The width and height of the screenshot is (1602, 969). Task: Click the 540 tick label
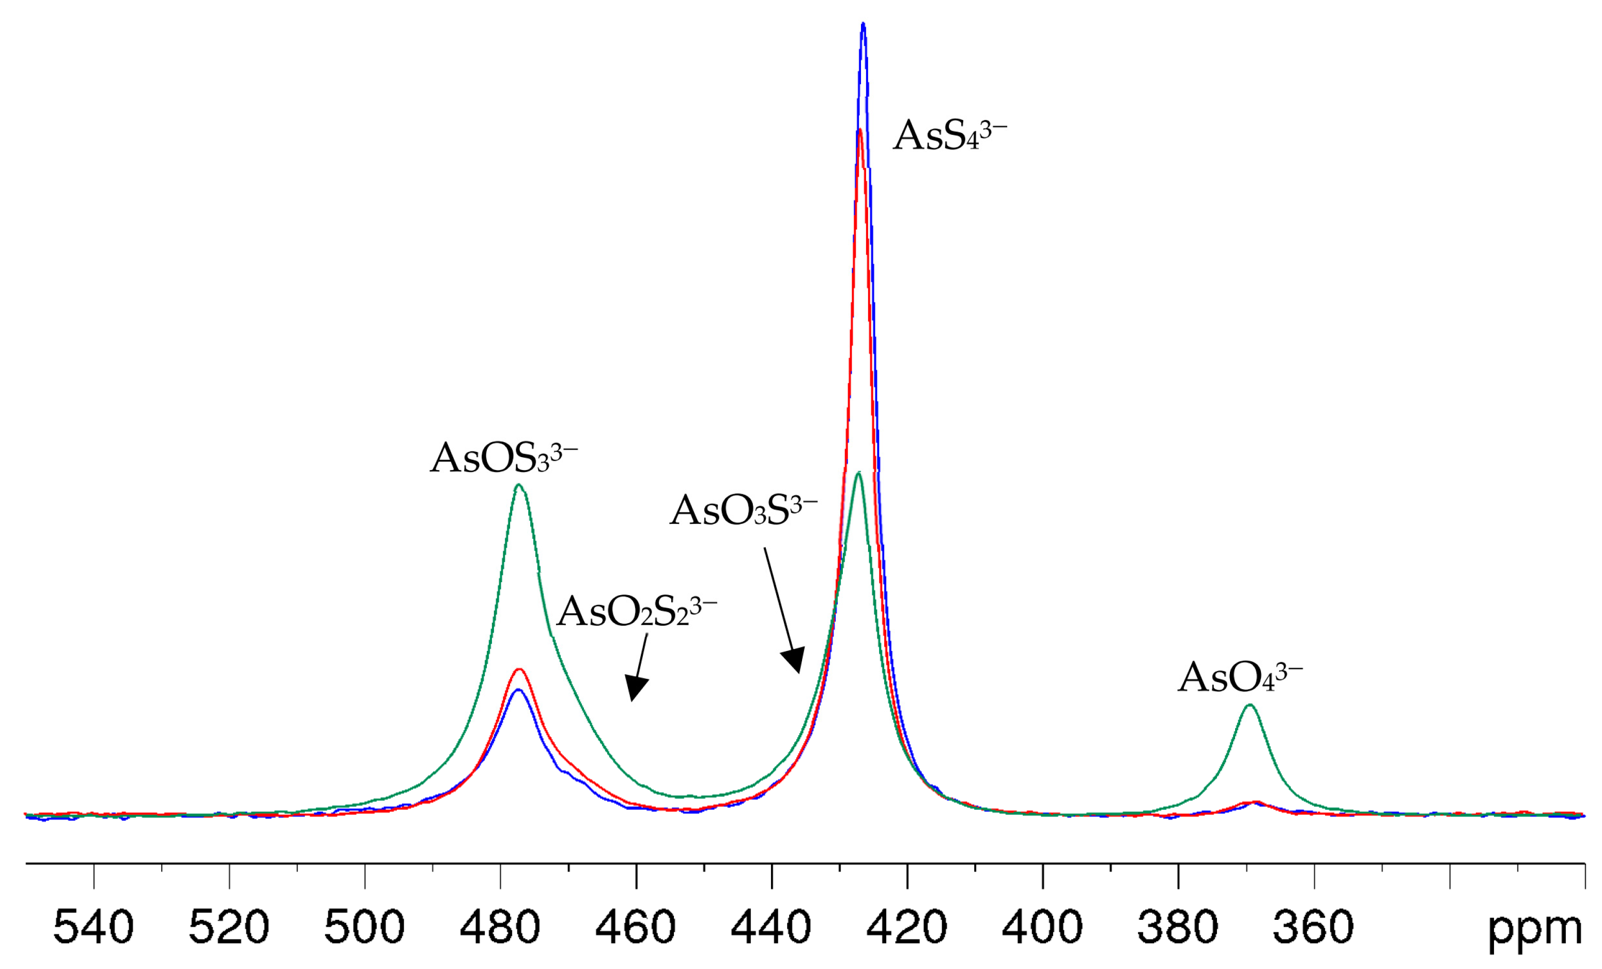(x=94, y=928)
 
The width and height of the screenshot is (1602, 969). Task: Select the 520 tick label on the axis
(x=229, y=928)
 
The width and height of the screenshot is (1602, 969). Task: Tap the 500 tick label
(x=365, y=928)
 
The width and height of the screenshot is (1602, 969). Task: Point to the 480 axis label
(x=500, y=928)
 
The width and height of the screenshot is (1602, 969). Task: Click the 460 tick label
(x=636, y=928)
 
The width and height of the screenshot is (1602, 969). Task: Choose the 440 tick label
(x=771, y=928)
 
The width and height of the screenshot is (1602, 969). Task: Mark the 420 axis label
(x=907, y=928)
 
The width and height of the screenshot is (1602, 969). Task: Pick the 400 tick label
(x=1042, y=928)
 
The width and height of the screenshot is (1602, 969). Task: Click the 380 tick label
(x=1178, y=928)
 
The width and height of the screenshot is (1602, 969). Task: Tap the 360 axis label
(x=1313, y=928)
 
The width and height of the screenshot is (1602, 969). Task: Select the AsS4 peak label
(x=949, y=136)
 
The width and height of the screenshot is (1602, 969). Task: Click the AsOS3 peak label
(x=503, y=459)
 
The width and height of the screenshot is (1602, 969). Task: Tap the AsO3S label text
(x=743, y=510)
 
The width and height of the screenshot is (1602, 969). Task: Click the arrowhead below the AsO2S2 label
(x=635, y=689)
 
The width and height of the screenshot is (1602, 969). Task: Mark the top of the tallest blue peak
(x=863, y=25)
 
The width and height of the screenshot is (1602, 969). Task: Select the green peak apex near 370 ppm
(x=1249, y=705)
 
